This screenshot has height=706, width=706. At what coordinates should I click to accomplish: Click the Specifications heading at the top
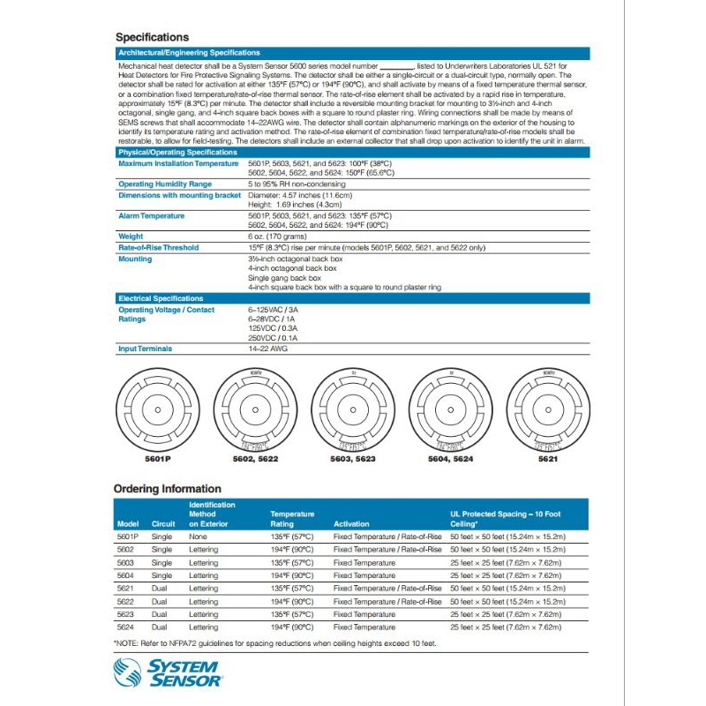point(153,37)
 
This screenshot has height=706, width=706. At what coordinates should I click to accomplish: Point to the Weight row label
point(131,237)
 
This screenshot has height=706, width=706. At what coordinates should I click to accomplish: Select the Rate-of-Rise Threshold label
point(158,248)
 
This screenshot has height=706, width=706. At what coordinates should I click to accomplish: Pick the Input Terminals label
point(145,349)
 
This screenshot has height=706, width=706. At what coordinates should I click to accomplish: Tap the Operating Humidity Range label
point(164,184)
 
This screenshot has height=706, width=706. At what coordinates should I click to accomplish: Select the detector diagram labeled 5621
point(549,410)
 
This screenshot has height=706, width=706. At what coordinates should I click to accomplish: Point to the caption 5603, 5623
point(352,460)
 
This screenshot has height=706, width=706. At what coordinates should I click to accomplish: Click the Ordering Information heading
point(168,489)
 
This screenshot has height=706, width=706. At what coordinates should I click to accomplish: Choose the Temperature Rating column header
point(292,518)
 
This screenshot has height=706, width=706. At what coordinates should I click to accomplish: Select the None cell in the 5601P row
point(199,537)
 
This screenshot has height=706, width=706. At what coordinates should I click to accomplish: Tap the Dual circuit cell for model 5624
point(160,627)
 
